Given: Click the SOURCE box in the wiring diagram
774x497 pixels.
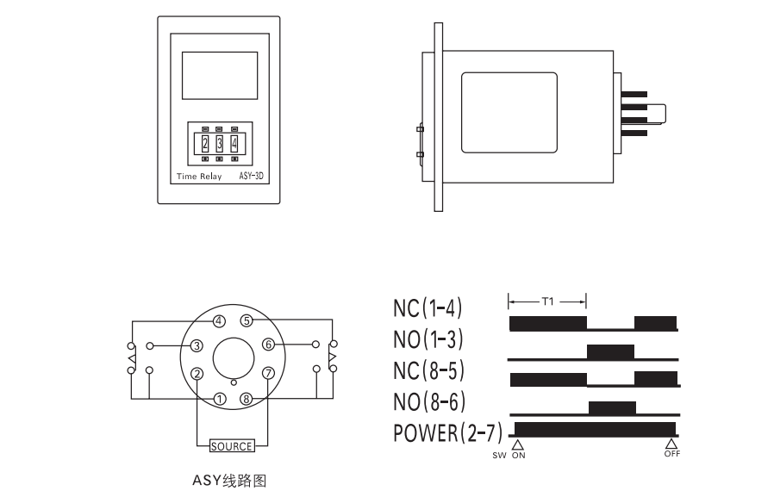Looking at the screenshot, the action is click(232, 446).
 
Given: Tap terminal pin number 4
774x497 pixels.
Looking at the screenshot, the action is click(219, 321).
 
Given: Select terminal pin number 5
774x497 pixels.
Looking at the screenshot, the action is click(247, 321).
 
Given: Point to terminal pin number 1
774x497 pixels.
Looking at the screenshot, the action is click(220, 399).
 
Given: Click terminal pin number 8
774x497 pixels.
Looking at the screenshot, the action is click(247, 399).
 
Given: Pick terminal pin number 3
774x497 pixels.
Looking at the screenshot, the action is click(197, 345).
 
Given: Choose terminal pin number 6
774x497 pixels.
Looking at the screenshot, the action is click(269, 345).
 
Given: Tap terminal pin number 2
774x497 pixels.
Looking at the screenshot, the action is click(197, 374).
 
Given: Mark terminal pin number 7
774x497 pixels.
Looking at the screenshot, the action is click(269, 373).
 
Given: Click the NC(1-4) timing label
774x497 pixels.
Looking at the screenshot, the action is click(428, 308).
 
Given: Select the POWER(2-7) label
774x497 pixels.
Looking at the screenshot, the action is click(447, 433).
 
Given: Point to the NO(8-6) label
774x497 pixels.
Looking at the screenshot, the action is click(429, 402).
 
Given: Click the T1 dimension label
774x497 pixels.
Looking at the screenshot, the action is click(548, 301).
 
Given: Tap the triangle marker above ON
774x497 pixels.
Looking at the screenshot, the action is click(517, 444).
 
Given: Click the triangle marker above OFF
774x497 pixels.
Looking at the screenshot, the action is click(671, 444).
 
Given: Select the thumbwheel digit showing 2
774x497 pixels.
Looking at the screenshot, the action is click(205, 144).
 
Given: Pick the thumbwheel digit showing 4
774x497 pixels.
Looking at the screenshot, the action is click(234, 144).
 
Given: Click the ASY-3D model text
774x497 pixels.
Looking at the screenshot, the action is click(252, 176).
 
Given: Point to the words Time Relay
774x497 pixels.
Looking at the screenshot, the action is click(199, 176).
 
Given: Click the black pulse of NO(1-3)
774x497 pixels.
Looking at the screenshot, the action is click(610, 352).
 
